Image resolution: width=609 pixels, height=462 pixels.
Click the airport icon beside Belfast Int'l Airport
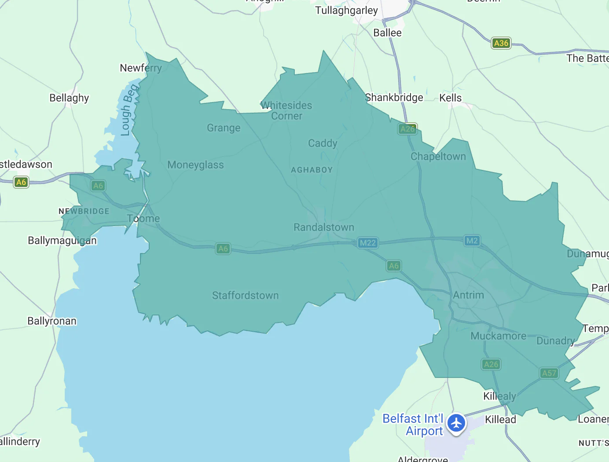coord(456,423)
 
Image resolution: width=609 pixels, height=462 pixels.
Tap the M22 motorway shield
coord(367,243)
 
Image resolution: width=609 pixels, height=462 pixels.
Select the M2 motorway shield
coord(472,241)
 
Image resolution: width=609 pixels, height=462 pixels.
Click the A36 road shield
coord(501,43)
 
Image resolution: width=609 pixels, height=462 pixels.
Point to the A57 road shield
coord(549,373)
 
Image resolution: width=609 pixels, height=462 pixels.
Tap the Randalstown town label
coord(324,227)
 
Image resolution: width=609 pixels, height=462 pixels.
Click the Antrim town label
coord(468,295)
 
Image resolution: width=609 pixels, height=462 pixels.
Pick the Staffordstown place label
coord(245,296)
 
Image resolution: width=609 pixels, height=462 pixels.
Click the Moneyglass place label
coord(195,165)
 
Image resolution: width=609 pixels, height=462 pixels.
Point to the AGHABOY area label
coord(312,170)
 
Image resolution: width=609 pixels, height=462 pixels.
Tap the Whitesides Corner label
coord(286,111)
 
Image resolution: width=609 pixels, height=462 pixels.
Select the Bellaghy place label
coord(69,98)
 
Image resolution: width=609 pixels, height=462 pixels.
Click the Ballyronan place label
coord(52,321)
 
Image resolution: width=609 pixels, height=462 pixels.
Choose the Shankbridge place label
coord(394,98)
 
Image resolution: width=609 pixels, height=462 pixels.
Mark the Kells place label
coord(450,98)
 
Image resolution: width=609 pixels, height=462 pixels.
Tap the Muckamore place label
coord(498,336)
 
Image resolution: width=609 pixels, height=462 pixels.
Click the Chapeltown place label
coord(438,157)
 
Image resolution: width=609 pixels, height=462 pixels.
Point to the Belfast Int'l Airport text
coord(413,425)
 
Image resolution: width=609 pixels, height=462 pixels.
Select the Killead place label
coord(500,420)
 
